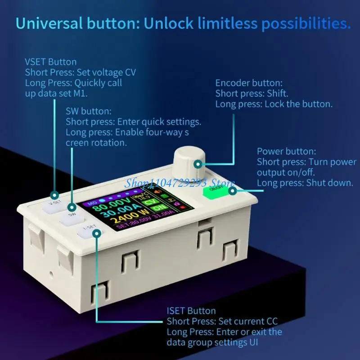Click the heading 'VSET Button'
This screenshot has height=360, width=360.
51,62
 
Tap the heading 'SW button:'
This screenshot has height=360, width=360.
88,111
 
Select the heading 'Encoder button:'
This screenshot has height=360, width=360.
249,83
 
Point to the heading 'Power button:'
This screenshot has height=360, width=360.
287,151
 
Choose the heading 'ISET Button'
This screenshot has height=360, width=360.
191,311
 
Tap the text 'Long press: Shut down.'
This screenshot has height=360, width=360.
305,183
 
